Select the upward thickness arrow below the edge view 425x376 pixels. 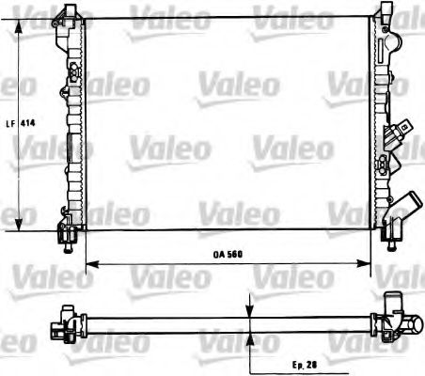[250, 335]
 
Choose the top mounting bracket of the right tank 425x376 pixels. [385, 12]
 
